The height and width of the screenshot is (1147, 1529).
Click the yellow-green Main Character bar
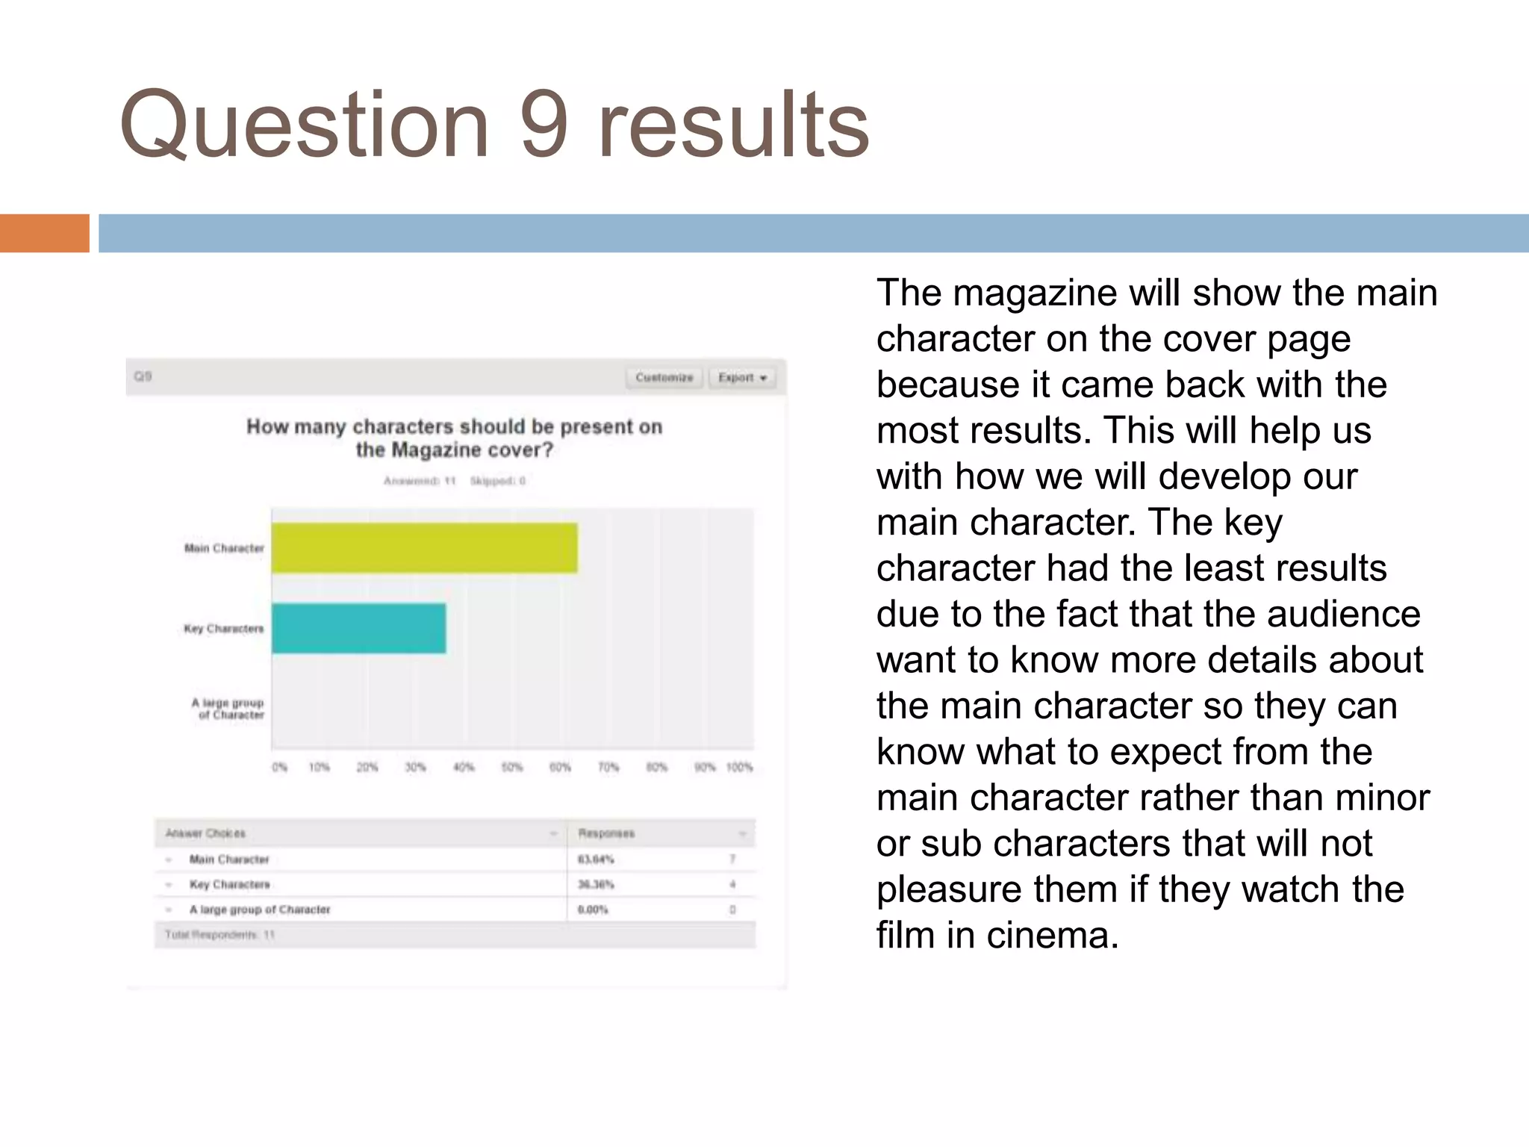coord(424,548)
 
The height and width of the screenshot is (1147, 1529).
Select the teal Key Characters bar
coord(358,628)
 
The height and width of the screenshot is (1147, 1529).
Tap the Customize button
coord(664,377)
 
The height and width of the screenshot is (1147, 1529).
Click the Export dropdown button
coord(742,377)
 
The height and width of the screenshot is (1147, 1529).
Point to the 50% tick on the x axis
coord(511,767)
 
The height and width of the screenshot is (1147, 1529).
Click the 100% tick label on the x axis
coord(739,767)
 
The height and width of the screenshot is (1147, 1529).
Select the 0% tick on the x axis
coord(279,767)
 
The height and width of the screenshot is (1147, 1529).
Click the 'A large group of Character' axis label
coord(228,709)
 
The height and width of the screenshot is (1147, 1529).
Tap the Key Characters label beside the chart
coord(224,629)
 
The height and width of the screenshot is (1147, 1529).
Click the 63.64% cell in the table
coord(596,860)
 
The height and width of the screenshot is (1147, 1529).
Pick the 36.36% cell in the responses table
coord(596,884)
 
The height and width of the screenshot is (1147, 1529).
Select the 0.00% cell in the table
coord(593,910)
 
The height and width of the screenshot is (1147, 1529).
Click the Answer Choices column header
coord(205,833)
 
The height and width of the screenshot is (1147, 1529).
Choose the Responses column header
coord(606,833)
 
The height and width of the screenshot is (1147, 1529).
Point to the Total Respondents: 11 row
coord(220,935)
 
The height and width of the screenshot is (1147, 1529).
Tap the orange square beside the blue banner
coord(44,233)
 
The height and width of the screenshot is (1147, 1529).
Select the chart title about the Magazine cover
coord(454,438)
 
